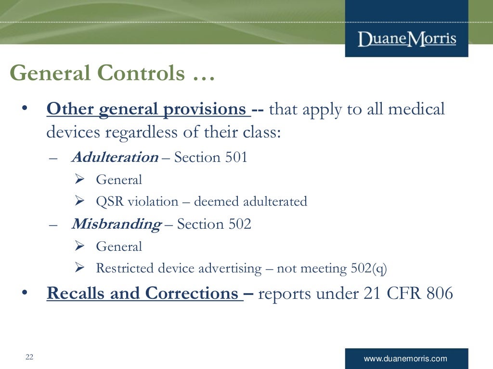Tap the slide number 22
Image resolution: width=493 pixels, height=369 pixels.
pos(29,357)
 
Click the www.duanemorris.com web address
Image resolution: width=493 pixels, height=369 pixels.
pos(405,358)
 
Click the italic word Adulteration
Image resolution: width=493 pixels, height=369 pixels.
pos(115,157)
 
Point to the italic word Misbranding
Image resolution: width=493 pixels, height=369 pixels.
pos(116,224)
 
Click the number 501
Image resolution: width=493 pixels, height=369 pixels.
pos(236,157)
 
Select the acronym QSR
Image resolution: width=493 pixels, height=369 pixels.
pos(110,201)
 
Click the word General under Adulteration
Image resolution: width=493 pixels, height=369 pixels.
pos(119,180)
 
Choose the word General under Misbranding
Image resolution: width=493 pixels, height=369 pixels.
pos(119,246)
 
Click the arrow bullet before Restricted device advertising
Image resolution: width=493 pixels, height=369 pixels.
pos(80,268)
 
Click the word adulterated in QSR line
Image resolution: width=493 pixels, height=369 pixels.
pos(275,201)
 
